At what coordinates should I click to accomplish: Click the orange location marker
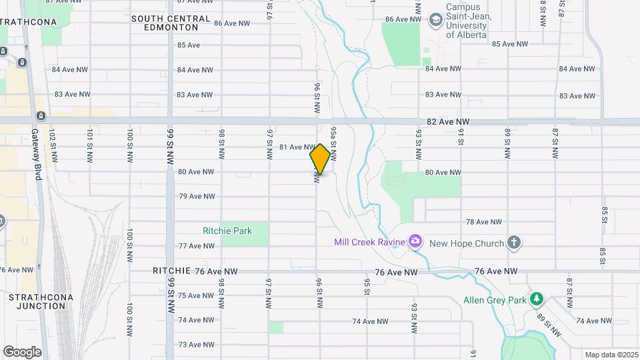320,159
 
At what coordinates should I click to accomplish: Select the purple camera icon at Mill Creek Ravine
415,241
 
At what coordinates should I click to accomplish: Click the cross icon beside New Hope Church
513,243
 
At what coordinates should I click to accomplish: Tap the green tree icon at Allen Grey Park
536,299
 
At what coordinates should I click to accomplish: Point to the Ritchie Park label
227,231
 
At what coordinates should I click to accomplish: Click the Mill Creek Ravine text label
369,243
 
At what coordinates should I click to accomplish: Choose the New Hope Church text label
467,243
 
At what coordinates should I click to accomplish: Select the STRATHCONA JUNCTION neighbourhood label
37,301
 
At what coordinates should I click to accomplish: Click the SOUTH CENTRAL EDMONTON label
171,23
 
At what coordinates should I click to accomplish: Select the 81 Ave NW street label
297,147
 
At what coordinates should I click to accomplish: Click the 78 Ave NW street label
483,222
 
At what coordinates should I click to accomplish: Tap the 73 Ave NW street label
196,345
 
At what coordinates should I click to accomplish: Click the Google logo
22,352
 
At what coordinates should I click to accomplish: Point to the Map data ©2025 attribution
611,355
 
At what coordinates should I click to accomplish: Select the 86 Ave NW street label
231,23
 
